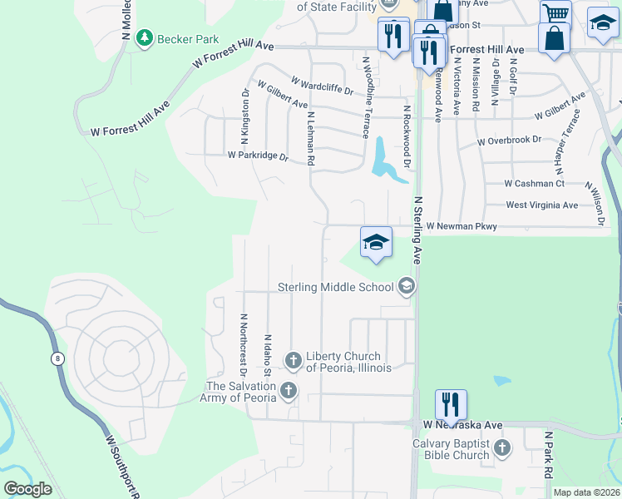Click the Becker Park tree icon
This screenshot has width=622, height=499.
coord(146,37)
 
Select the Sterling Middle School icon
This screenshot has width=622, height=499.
coord(407,287)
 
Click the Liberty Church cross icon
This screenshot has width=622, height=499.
coord(293,360)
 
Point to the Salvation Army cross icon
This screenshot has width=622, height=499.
coord(289,390)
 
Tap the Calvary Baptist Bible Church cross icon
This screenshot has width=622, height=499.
coord(501,448)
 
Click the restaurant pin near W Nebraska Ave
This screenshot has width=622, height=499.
coord(451,404)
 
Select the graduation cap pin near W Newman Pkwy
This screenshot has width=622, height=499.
coord(376,242)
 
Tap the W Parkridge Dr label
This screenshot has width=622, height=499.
coord(258,156)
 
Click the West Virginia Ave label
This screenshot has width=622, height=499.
coord(541,205)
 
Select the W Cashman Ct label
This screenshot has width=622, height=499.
coord(534,184)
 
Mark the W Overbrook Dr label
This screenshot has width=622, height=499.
coord(510,141)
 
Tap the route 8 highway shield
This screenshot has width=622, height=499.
coord(57,358)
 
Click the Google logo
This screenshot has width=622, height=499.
coord(28,488)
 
